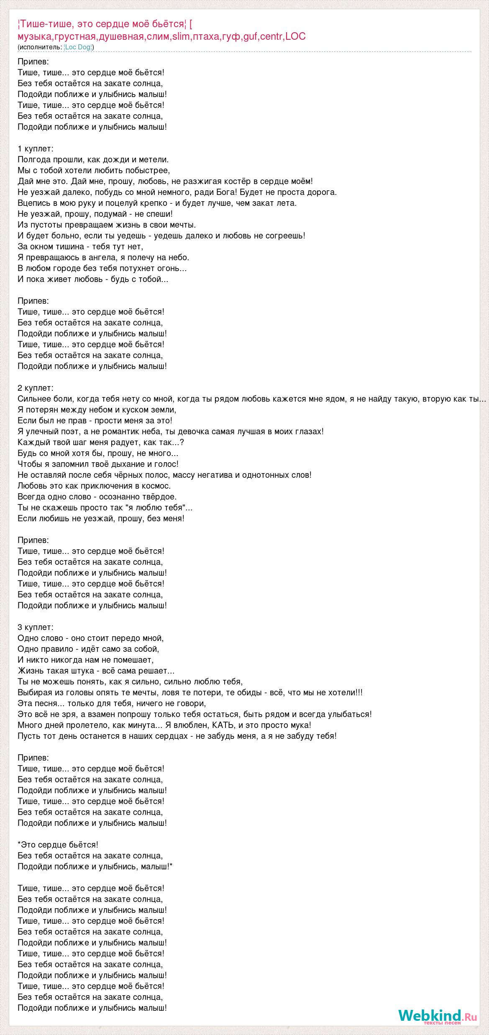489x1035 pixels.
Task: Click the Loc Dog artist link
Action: click(78, 47)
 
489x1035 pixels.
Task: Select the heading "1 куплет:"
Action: click(36, 149)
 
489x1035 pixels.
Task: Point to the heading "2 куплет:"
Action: click(36, 388)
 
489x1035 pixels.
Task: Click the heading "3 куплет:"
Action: click(36, 627)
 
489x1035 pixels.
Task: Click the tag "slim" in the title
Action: click(181, 36)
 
